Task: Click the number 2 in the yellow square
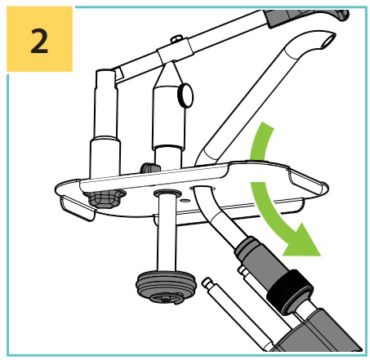(x=39, y=42)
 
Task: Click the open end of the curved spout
(x=328, y=39)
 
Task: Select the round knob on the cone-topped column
(x=185, y=96)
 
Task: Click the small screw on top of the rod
(x=176, y=38)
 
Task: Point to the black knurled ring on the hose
(x=289, y=292)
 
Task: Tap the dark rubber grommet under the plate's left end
(x=105, y=198)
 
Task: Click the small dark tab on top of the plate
(x=149, y=167)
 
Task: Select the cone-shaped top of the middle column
(x=170, y=75)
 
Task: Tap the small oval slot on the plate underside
(x=185, y=201)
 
